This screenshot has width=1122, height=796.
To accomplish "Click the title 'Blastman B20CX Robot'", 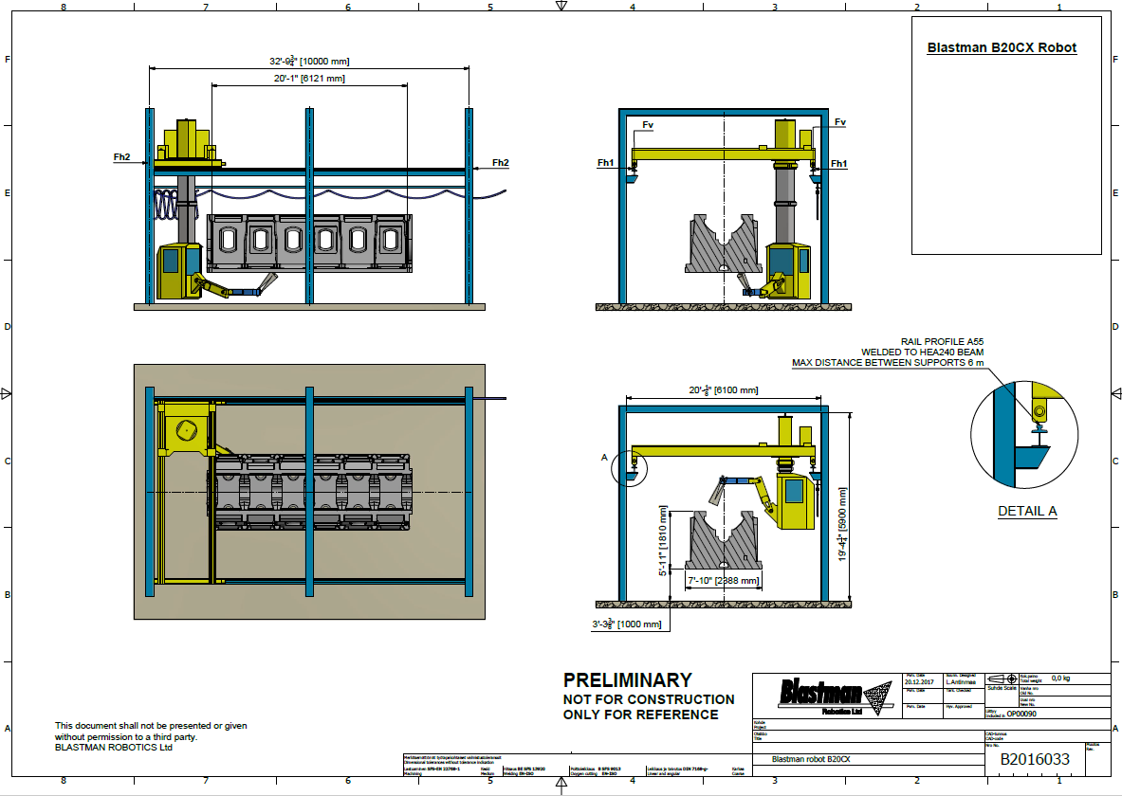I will coord(1002,47).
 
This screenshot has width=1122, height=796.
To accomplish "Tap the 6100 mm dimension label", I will coord(724,390).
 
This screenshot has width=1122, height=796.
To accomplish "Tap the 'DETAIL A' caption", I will coord(1027,512).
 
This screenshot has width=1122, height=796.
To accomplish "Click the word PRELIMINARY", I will coord(628,679).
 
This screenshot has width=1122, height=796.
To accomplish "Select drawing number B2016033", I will coord(1034,759).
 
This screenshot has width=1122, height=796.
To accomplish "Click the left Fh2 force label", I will coord(121,156).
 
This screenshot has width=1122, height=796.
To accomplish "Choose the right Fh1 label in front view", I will coord(838,164).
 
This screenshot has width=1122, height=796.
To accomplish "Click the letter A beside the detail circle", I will coord(604,457).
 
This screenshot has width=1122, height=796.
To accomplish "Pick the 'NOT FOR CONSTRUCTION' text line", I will coord(649,699).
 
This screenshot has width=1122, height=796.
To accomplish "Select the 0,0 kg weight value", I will coord(1060,678).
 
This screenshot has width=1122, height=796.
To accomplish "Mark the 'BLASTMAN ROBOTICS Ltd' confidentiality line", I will coord(114,747).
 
